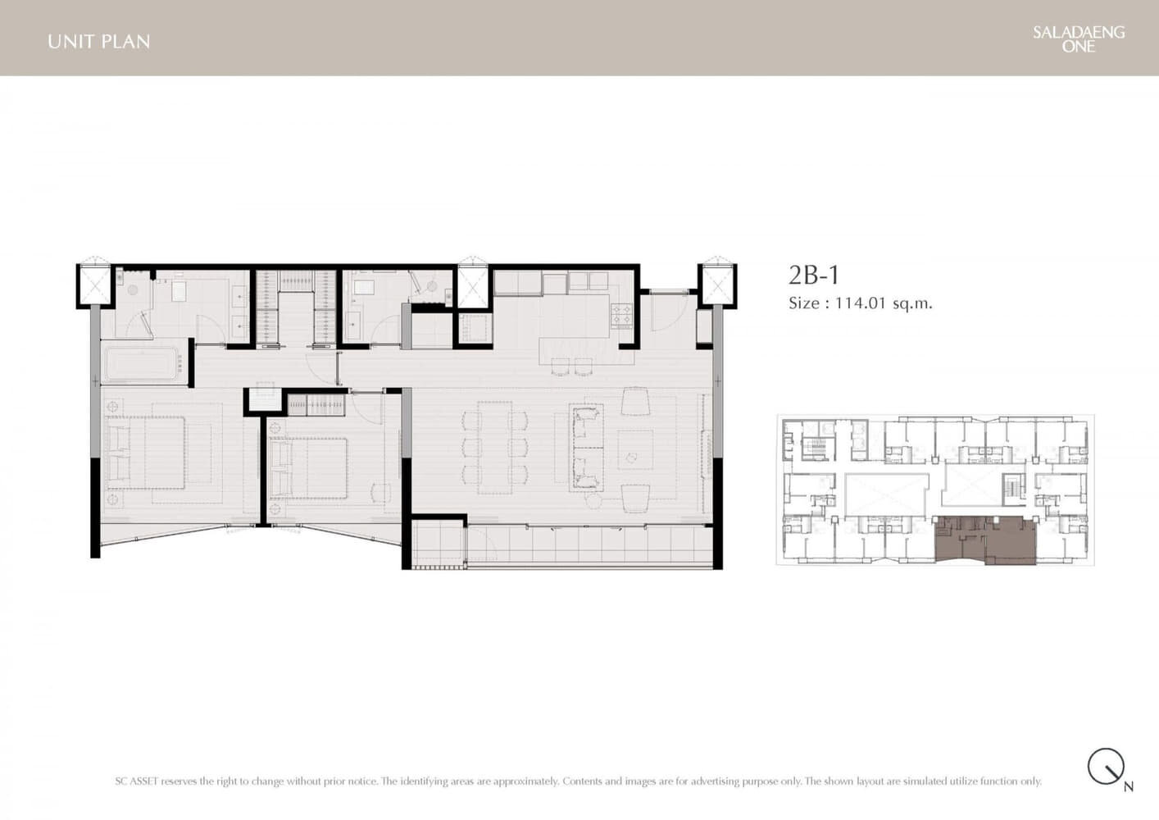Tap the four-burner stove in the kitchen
[621, 315]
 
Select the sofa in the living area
[586, 447]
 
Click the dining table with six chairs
[494, 447]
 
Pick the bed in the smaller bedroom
[308, 467]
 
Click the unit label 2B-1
[813, 275]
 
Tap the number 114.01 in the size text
[861, 303]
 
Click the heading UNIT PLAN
[99, 42]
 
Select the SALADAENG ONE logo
[1079, 39]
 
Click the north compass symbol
[1106, 767]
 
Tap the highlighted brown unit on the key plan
[986, 540]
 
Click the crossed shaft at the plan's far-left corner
[93, 285]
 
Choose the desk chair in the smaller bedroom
[381, 492]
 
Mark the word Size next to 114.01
[804, 303]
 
